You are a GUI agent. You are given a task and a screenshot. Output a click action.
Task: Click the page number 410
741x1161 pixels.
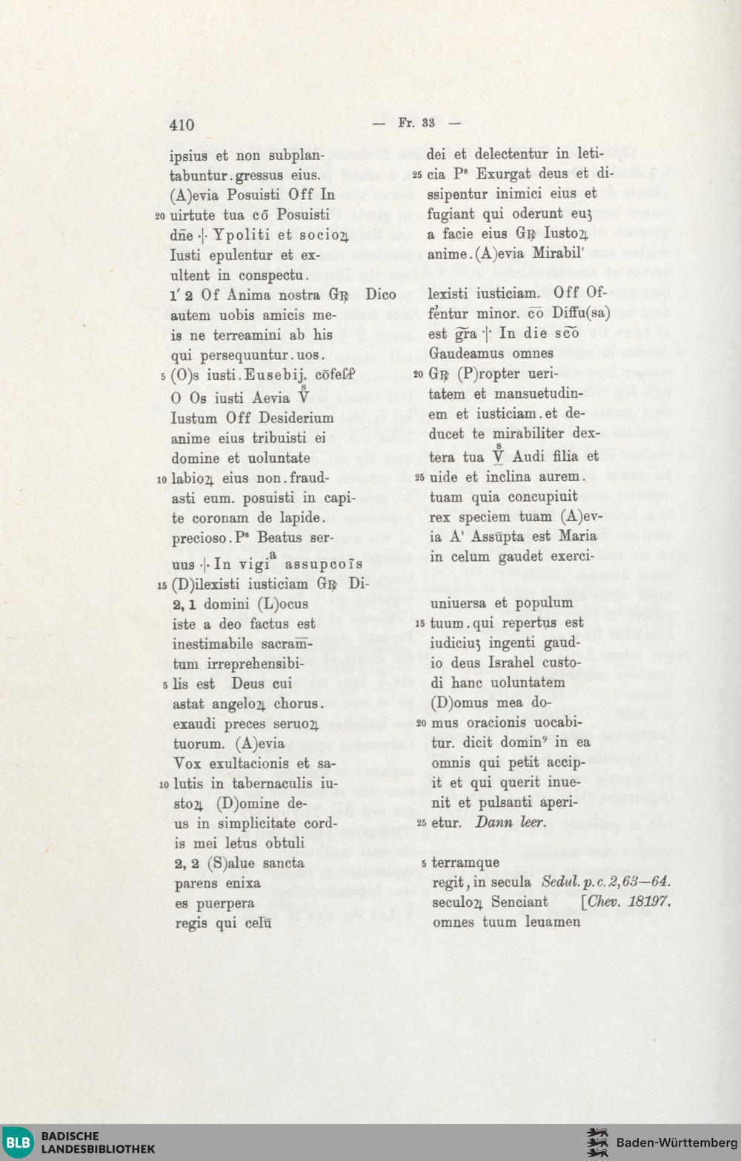182,124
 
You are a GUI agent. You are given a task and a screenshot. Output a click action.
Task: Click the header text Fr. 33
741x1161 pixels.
416,123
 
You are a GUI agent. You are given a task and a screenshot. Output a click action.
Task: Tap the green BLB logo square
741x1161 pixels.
18,1142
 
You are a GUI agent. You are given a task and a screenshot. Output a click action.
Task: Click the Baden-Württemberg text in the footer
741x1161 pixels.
677,1142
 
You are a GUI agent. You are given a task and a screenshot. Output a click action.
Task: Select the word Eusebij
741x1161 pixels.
276,376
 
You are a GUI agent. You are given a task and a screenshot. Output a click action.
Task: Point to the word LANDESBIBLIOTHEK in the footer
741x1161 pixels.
98,1149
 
